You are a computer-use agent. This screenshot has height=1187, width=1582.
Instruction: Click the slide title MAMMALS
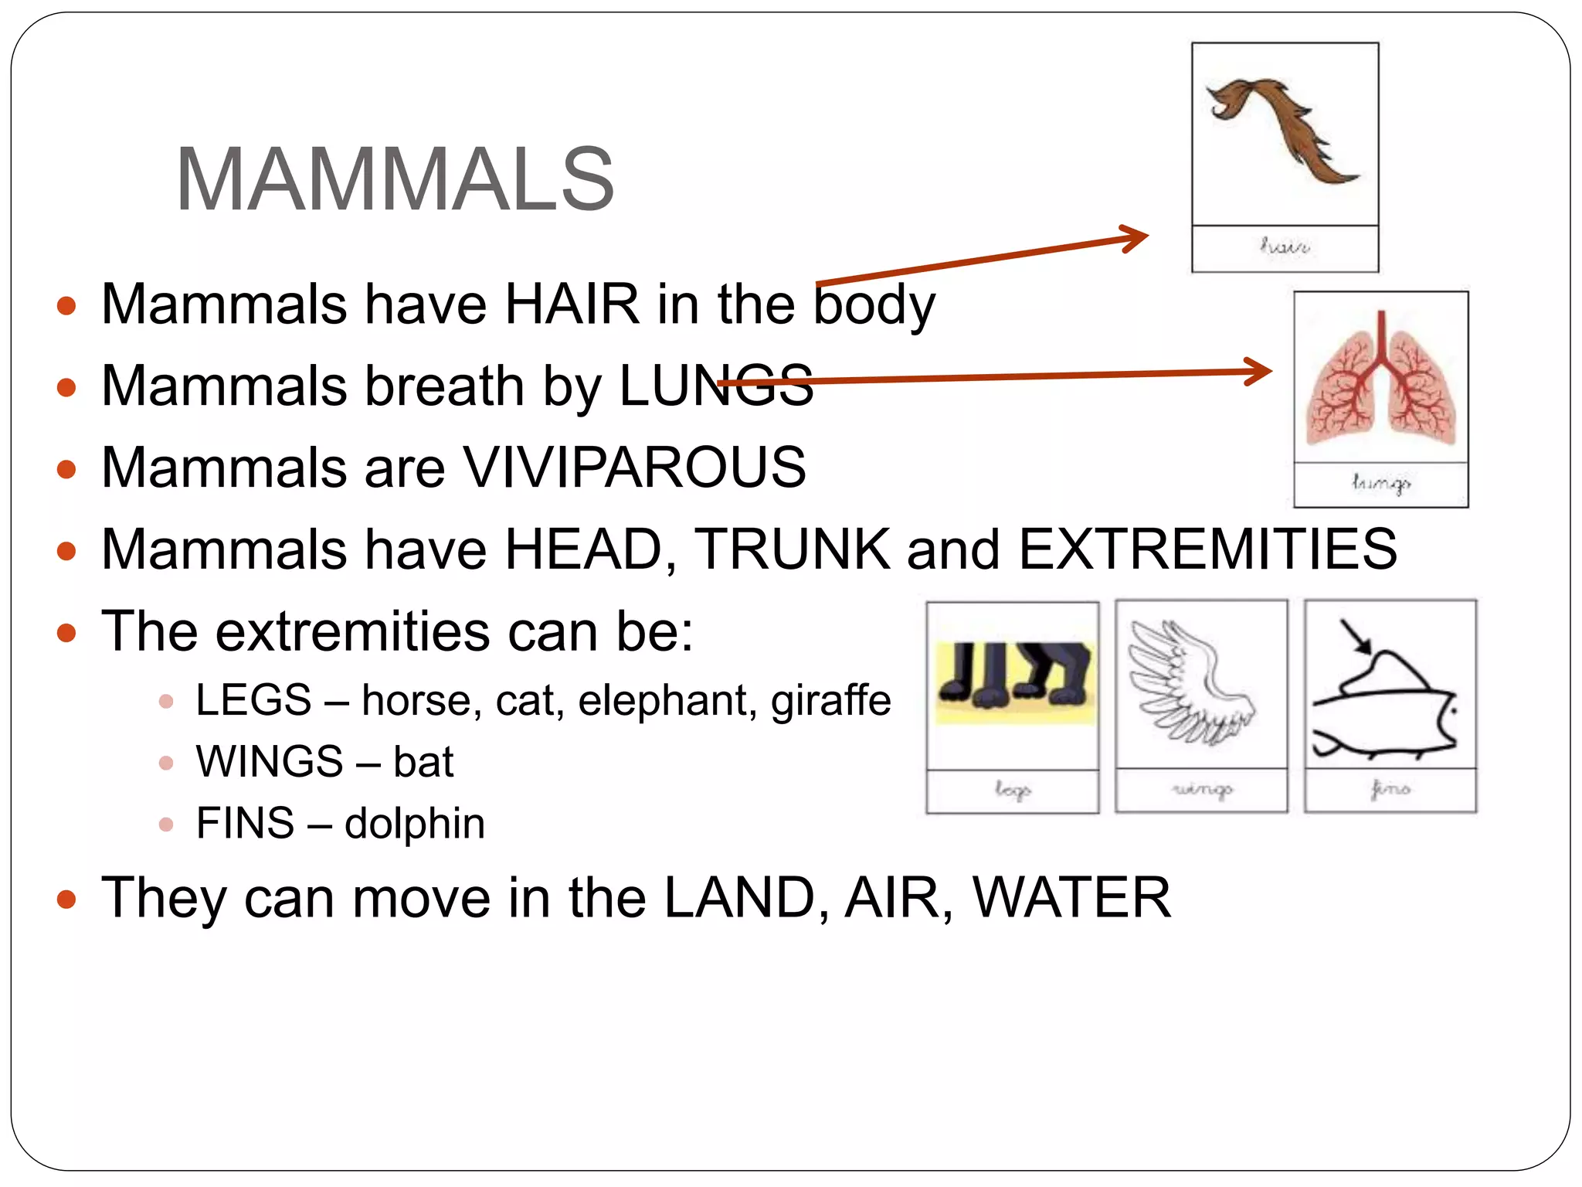point(395,179)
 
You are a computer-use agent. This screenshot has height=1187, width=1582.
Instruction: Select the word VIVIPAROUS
point(634,467)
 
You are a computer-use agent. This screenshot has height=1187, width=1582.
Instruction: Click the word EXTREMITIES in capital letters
point(1207,549)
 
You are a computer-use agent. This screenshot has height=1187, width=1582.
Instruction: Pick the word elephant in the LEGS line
point(668,700)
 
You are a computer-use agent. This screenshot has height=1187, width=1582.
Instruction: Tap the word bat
point(423,762)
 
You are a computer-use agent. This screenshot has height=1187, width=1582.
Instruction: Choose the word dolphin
point(415,823)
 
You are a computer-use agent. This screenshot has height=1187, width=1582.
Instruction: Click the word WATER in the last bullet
point(1071,897)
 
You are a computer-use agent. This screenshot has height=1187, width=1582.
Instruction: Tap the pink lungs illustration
point(1380,383)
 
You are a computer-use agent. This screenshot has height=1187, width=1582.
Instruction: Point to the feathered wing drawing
point(1190,684)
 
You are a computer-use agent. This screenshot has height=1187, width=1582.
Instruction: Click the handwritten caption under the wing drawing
point(1202,789)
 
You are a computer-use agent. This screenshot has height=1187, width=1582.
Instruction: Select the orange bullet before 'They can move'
point(67,899)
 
